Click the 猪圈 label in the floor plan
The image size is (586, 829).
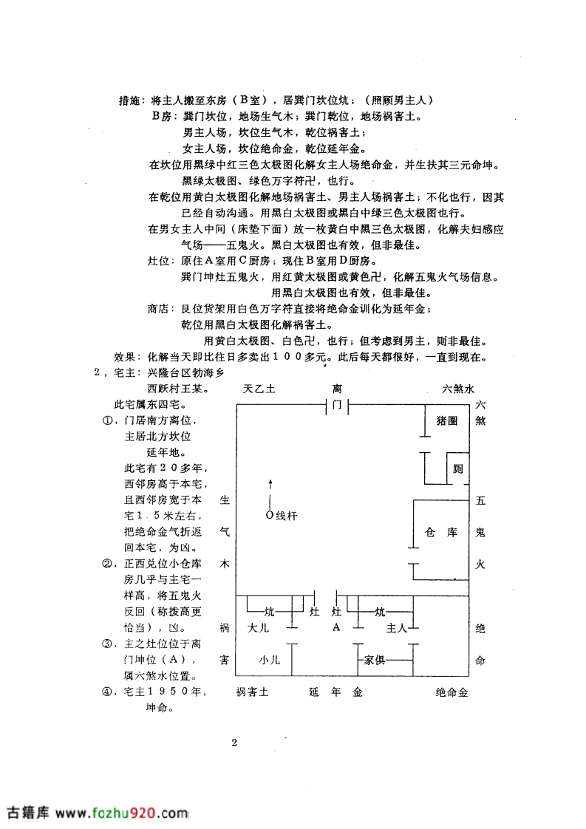[447, 421]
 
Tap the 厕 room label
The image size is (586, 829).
[457, 468]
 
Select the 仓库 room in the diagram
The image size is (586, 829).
[441, 532]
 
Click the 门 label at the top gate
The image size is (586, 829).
[337, 405]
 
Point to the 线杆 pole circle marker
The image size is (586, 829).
[270, 514]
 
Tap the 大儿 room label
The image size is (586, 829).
[258, 627]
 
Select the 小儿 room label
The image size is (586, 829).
[269, 660]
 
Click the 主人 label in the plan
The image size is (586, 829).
[397, 627]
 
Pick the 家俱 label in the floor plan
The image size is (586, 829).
[374, 660]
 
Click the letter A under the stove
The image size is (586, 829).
[336, 627]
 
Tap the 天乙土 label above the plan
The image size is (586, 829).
[259, 389]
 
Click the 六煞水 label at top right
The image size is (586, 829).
[458, 389]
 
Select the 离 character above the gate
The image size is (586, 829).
[337, 389]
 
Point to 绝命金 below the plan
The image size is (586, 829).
[452, 692]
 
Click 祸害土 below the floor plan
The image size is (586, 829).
[252, 692]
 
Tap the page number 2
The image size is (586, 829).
[234, 743]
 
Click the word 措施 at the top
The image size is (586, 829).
[129, 100]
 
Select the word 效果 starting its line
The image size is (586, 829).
[125, 357]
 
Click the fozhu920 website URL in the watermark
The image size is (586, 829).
[122, 812]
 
